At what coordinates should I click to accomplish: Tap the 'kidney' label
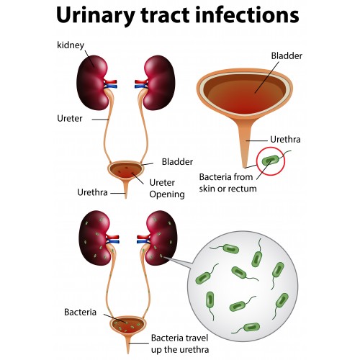pos(71,45)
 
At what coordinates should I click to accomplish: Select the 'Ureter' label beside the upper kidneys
pos(70,118)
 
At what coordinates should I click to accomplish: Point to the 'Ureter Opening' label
pos(167,189)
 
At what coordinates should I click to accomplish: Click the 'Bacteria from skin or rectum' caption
pos(228,183)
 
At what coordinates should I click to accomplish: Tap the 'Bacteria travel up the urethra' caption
pos(180,343)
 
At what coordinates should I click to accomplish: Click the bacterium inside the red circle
pos(271,160)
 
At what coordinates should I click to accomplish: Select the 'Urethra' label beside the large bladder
pos(285,140)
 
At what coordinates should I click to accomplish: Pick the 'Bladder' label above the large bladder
pos(287,56)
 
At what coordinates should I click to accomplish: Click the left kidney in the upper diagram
pos(93,83)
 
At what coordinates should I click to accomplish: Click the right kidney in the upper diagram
pos(159,83)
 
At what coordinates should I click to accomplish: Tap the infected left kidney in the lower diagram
pos(94,238)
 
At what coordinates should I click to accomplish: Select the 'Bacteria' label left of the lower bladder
pos(80,312)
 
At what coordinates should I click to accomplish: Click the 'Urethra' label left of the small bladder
pos(92,192)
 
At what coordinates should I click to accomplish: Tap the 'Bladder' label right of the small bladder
pos(177,162)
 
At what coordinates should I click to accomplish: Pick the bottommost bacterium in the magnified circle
pos(251,327)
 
